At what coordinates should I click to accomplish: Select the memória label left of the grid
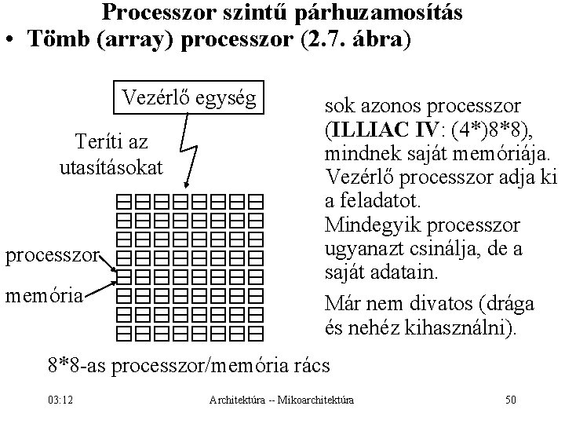coord(55,296)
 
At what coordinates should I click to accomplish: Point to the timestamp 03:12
coord(60,400)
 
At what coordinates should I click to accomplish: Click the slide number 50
coord(511,400)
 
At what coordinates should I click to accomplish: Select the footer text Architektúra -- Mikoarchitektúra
coord(282,401)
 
